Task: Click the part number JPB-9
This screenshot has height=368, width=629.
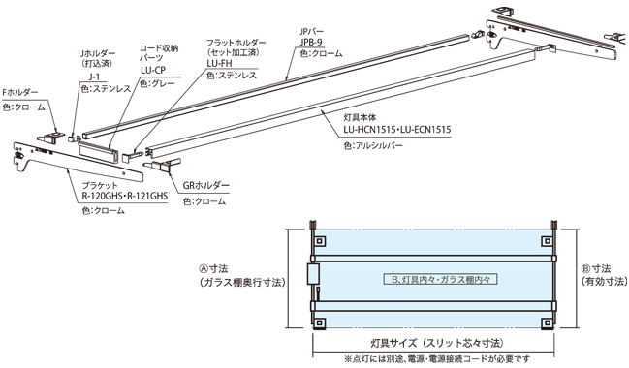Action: [x=310, y=43]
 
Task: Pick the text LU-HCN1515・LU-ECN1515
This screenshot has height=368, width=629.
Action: [x=396, y=128]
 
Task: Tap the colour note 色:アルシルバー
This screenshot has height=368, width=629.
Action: [x=373, y=144]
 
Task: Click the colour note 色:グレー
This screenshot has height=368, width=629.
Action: [x=158, y=84]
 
